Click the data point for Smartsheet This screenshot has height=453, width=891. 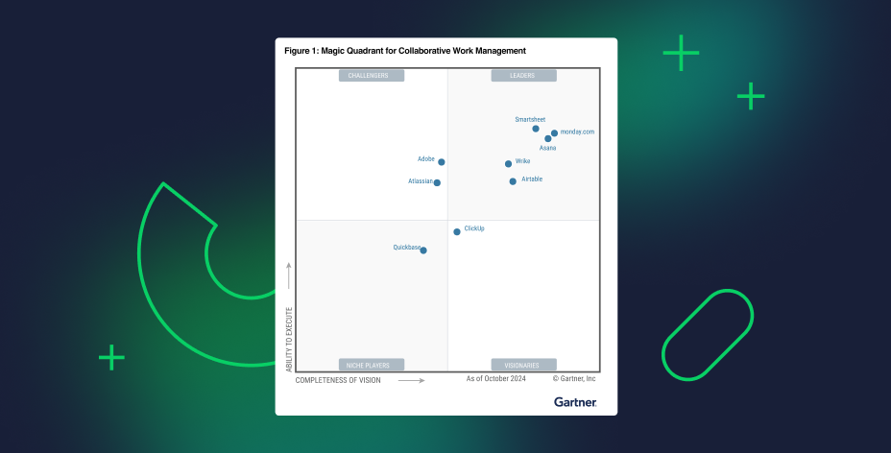pyautogui.click(x=536, y=129)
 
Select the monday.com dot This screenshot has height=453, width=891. pyautogui.click(x=554, y=133)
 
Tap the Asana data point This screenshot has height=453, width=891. pyautogui.click(x=548, y=139)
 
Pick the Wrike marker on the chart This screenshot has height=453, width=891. pyautogui.click(x=509, y=164)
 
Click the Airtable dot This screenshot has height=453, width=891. pyautogui.click(x=513, y=181)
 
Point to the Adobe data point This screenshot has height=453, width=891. pyautogui.click(x=442, y=162)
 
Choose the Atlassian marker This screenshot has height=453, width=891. pyautogui.click(x=437, y=182)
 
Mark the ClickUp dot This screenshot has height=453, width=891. pyautogui.click(x=457, y=231)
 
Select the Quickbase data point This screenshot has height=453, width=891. pyautogui.click(x=423, y=250)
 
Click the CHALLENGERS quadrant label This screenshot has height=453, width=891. pyautogui.click(x=372, y=75)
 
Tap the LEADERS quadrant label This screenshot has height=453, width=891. pyautogui.click(x=523, y=75)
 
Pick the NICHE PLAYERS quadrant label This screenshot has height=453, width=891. pyautogui.click(x=372, y=365)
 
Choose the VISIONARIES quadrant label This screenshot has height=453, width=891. pyautogui.click(x=523, y=365)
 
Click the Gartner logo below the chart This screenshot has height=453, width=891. pyautogui.click(x=575, y=402)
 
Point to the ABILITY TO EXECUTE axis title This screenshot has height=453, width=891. pyautogui.click(x=289, y=339)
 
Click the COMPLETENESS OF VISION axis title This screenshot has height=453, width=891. pyautogui.click(x=338, y=380)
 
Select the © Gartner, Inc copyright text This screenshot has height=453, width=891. pyautogui.click(x=574, y=379)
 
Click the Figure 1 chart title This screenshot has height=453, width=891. pyautogui.click(x=405, y=50)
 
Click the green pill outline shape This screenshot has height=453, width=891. pyautogui.click(x=708, y=335)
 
